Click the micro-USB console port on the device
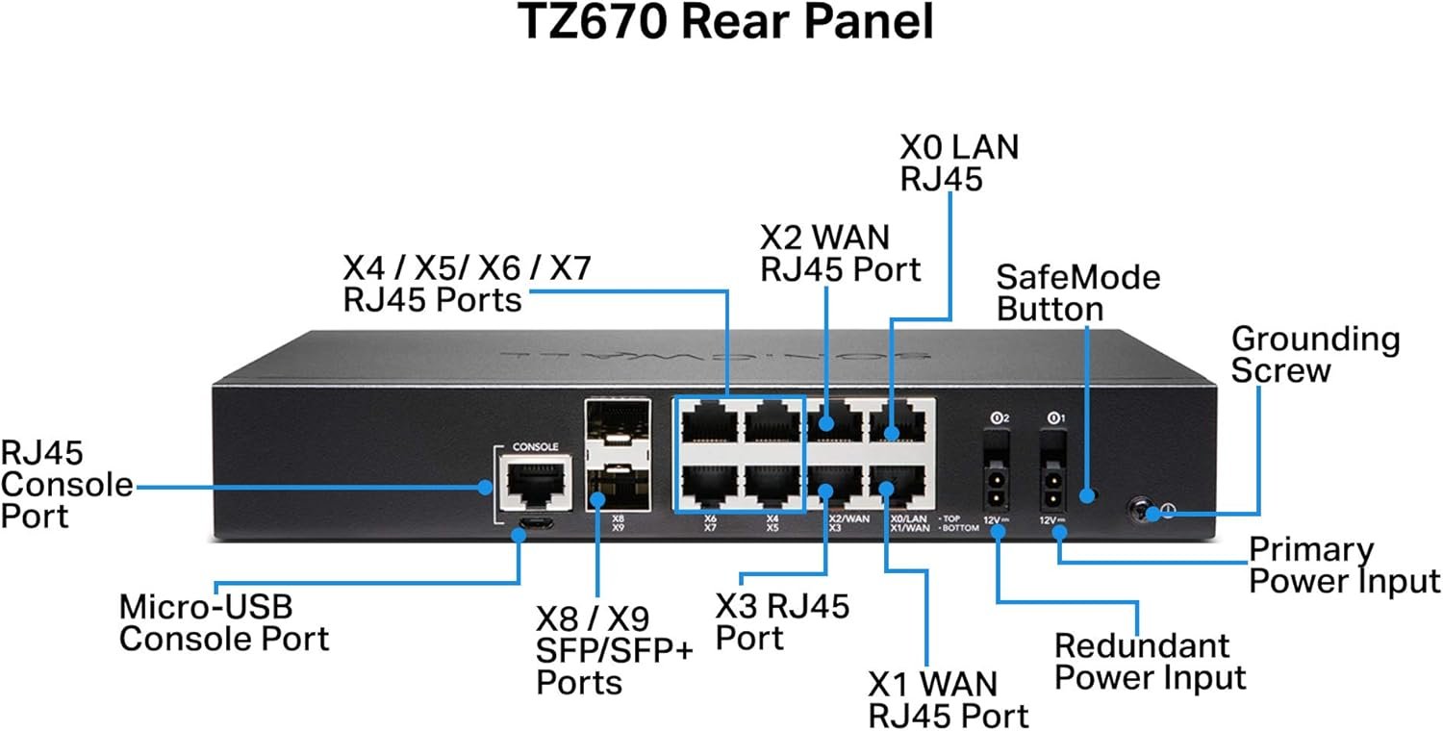(x=532, y=525)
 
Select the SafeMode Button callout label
(x=1077, y=293)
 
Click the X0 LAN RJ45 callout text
(x=958, y=163)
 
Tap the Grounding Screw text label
(x=1315, y=354)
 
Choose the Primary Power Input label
(x=1343, y=566)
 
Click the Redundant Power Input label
(x=1150, y=661)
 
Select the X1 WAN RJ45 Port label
(x=948, y=699)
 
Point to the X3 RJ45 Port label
(x=782, y=622)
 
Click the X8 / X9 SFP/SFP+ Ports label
(x=614, y=650)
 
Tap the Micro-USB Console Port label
(x=223, y=622)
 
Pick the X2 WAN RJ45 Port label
(x=840, y=253)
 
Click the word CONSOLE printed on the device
(x=536, y=447)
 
